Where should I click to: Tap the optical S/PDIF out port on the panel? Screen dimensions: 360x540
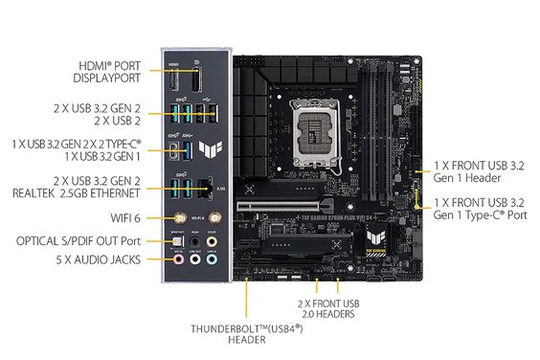coord(176,240)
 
